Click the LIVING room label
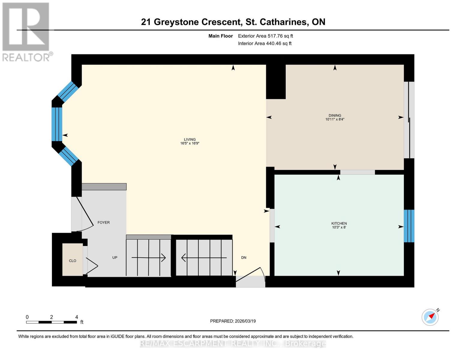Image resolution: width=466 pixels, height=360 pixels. coord(190,139)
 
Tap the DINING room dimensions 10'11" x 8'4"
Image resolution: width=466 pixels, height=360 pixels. coord(335,119)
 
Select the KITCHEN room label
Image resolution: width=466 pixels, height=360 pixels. coord(339,223)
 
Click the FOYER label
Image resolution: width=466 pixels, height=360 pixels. coord(104,222)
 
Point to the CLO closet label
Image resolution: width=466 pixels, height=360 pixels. coord(73,261)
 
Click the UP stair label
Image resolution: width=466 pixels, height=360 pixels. coord(115,257)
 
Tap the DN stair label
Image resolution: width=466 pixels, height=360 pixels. coord(244,257)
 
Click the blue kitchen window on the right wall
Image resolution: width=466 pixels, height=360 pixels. coord(409,226)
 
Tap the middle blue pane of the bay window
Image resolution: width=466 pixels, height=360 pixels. coord(57,124)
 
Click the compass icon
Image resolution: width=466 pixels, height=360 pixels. coord(430,317)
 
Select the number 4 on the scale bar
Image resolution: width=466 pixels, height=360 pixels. coord(77,317)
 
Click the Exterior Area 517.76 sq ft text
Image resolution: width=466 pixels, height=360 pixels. coord(265,36)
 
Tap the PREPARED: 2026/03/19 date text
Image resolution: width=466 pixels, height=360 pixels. coord(233,321)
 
